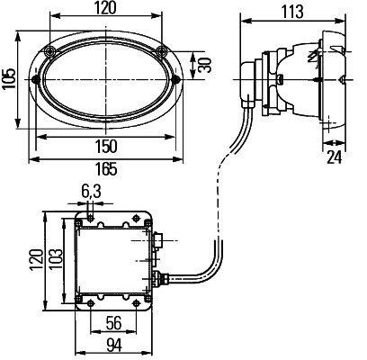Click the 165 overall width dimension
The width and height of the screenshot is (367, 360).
[x=107, y=169]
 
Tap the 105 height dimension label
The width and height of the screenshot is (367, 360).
[x=9, y=79]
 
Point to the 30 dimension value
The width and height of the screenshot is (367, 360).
[x=205, y=65]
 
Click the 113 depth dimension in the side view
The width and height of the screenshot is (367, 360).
[x=292, y=12]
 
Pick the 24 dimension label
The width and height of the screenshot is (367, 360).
[x=334, y=157]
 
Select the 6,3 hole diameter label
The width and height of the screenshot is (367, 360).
[x=91, y=192]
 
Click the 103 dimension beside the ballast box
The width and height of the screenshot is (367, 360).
[x=57, y=258]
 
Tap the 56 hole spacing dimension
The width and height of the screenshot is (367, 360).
[x=113, y=323]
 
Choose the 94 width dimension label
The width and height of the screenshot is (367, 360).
[x=114, y=346]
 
